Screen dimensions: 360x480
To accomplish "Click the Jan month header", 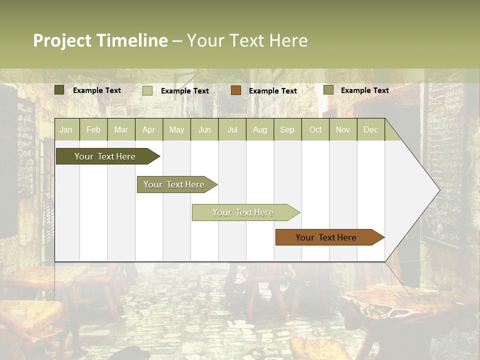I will tap(66, 129).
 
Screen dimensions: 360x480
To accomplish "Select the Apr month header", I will tap(149, 129).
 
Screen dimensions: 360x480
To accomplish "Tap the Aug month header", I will tap(260, 129).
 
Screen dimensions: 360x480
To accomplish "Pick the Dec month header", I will tap(370, 129).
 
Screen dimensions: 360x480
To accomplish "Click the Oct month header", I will tap(315, 129).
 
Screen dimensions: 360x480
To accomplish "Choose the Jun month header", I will tap(204, 129).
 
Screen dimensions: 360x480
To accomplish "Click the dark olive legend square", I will tap(59, 90).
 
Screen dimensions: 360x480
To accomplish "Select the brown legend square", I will tap(236, 90).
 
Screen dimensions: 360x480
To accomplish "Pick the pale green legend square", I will tap(147, 90).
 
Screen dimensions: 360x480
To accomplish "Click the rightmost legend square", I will tap(328, 90).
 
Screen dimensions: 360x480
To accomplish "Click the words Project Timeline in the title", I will tap(100, 40).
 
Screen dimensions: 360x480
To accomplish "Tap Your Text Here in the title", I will tap(247, 40).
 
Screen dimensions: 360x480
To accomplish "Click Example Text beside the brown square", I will tap(272, 90).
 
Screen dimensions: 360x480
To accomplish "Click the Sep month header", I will tap(287, 129).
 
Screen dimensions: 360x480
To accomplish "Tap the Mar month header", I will tap(121, 129).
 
